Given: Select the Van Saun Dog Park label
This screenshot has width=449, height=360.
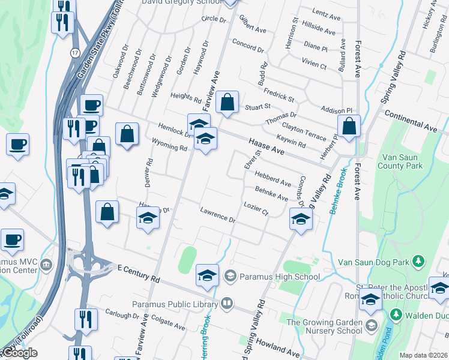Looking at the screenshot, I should [x=373, y=262].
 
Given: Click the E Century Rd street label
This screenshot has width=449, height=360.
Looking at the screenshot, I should [x=139, y=273].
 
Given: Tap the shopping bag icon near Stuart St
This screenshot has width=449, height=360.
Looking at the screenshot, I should [x=227, y=103].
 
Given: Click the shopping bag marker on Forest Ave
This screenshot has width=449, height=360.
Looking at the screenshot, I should [x=348, y=126].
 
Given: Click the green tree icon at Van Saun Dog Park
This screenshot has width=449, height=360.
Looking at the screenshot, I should [x=419, y=262].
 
